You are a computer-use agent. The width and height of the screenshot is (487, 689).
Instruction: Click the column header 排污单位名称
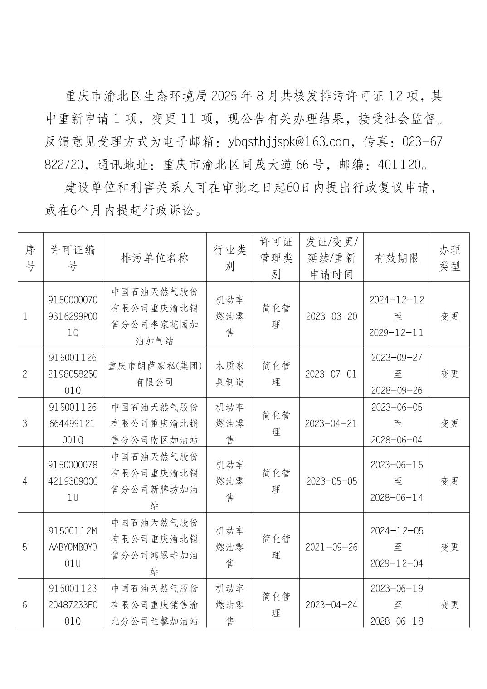click(x=154, y=258)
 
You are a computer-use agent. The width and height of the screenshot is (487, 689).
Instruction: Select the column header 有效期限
click(x=396, y=258)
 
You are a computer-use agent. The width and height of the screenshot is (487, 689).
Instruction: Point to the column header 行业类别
click(x=230, y=258)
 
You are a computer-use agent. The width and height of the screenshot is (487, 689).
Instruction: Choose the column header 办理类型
click(x=449, y=258)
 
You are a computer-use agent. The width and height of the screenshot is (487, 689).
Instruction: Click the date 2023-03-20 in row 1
click(x=331, y=316)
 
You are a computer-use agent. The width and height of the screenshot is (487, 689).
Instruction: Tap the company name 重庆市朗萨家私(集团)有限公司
click(x=154, y=374)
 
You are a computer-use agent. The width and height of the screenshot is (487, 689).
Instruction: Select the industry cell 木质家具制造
click(x=230, y=374)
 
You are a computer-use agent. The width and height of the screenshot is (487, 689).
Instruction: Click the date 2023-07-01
click(x=331, y=374)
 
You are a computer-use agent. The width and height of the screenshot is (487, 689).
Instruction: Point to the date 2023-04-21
click(x=331, y=423)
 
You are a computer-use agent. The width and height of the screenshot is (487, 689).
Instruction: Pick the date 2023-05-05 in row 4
click(x=331, y=481)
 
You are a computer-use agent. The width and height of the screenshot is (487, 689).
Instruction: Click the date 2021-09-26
click(x=331, y=547)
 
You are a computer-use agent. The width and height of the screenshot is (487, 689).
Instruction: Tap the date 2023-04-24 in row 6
click(x=331, y=605)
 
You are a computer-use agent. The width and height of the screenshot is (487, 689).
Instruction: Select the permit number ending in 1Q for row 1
click(x=73, y=316)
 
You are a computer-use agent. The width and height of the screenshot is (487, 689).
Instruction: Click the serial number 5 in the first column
click(x=24, y=547)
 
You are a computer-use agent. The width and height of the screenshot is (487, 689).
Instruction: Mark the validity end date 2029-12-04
click(x=397, y=563)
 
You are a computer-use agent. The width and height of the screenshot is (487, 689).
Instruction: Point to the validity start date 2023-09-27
click(x=397, y=358)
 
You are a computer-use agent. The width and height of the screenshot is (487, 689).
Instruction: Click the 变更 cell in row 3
click(x=450, y=423)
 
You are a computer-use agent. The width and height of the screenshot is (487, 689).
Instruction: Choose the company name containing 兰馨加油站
click(x=154, y=605)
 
